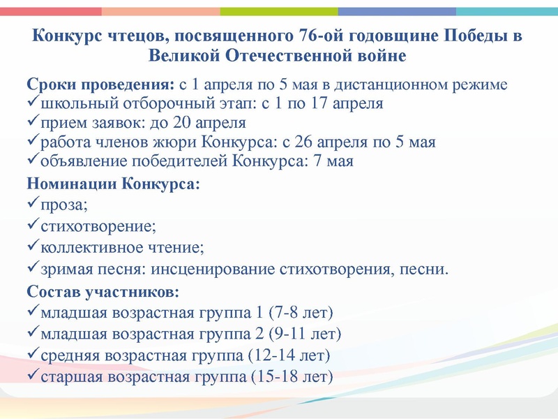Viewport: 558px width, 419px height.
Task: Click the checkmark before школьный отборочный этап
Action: tap(32, 103)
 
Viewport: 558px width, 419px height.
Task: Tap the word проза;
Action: tap(66, 205)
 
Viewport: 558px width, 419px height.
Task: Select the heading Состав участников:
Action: tap(103, 291)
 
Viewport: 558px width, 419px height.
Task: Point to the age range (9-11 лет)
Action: tap(306, 333)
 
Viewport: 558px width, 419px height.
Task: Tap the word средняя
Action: tap(68, 355)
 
